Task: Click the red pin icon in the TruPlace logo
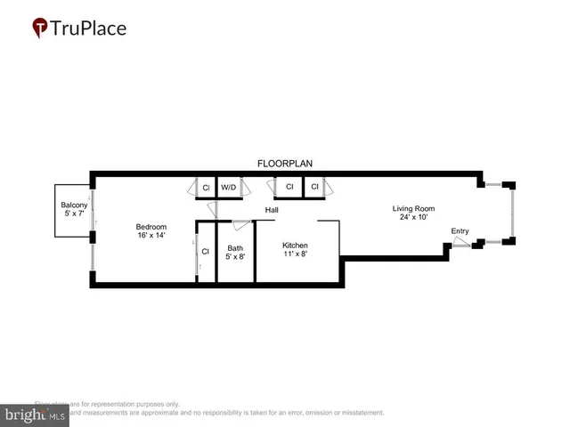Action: click(40, 28)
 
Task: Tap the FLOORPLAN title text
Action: click(284, 164)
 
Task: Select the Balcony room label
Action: click(74, 205)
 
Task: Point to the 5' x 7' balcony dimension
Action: click(74, 215)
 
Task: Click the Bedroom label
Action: click(152, 226)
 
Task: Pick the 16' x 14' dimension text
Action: click(152, 236)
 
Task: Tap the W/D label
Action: click(229, 188)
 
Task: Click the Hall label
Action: click(272, 211)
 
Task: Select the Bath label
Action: click(235, 249)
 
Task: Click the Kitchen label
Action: click(296, 245)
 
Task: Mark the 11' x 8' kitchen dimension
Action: click(296, 254)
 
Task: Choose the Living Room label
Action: click(414, 209)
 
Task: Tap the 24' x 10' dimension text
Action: click(414, 219)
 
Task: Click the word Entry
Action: click(460, 231)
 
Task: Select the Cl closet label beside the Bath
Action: click(205, 251)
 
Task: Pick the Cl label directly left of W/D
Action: click(205, 188)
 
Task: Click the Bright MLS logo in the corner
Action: click(36, 415)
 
